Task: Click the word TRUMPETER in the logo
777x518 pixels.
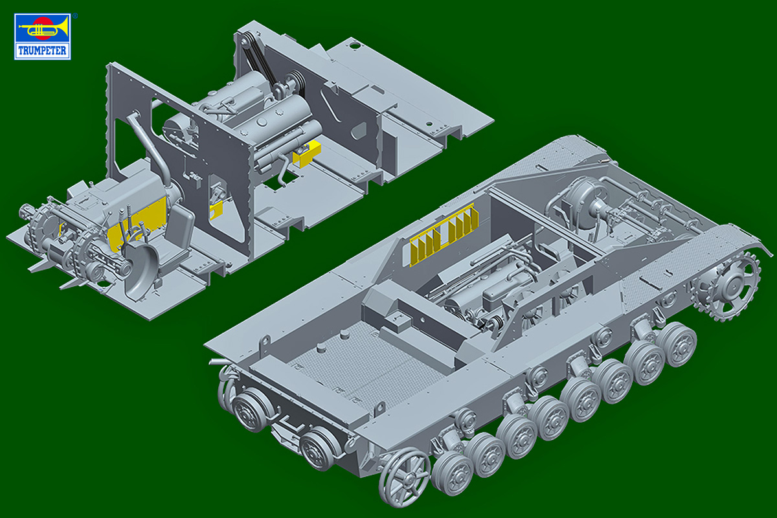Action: click(42, 51)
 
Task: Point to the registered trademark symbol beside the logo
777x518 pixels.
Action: click(75, 16)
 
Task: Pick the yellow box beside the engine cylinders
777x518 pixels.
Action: click(307, 153)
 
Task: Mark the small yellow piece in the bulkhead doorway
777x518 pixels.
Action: click(216, 210)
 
